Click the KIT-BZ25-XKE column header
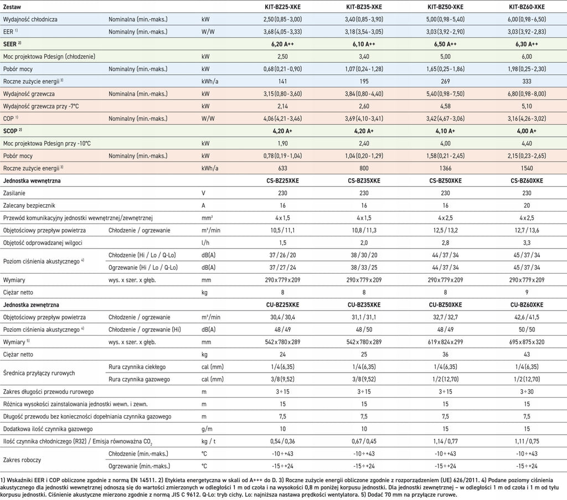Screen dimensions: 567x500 pos(282,7)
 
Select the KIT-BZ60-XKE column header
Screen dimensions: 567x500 pos(527,7)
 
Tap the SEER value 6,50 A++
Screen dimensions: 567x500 pos(445,44)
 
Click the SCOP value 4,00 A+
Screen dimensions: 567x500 pos(527,131)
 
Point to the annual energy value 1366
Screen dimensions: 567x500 pos(445,168)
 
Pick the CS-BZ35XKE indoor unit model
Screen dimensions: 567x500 pos(364,181)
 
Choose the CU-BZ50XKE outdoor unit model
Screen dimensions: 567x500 pos(445,305)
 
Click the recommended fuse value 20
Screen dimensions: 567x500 pos(527,205)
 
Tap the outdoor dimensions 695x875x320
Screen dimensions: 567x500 pos(527,342)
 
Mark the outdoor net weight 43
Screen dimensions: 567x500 pos(527,354)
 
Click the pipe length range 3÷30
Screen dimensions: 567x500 pos(527,391)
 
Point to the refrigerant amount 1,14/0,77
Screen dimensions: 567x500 pos(445,441)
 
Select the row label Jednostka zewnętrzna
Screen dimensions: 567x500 pos(31,305)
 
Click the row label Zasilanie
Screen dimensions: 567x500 pos(14,193)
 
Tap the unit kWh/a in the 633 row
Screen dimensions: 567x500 pos(210,168)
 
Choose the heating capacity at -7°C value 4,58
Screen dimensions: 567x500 pos(445,106)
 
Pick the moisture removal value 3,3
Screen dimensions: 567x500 pos(527,243)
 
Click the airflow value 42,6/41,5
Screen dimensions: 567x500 pos(527,317)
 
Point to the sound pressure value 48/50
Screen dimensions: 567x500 pos(364,329)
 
